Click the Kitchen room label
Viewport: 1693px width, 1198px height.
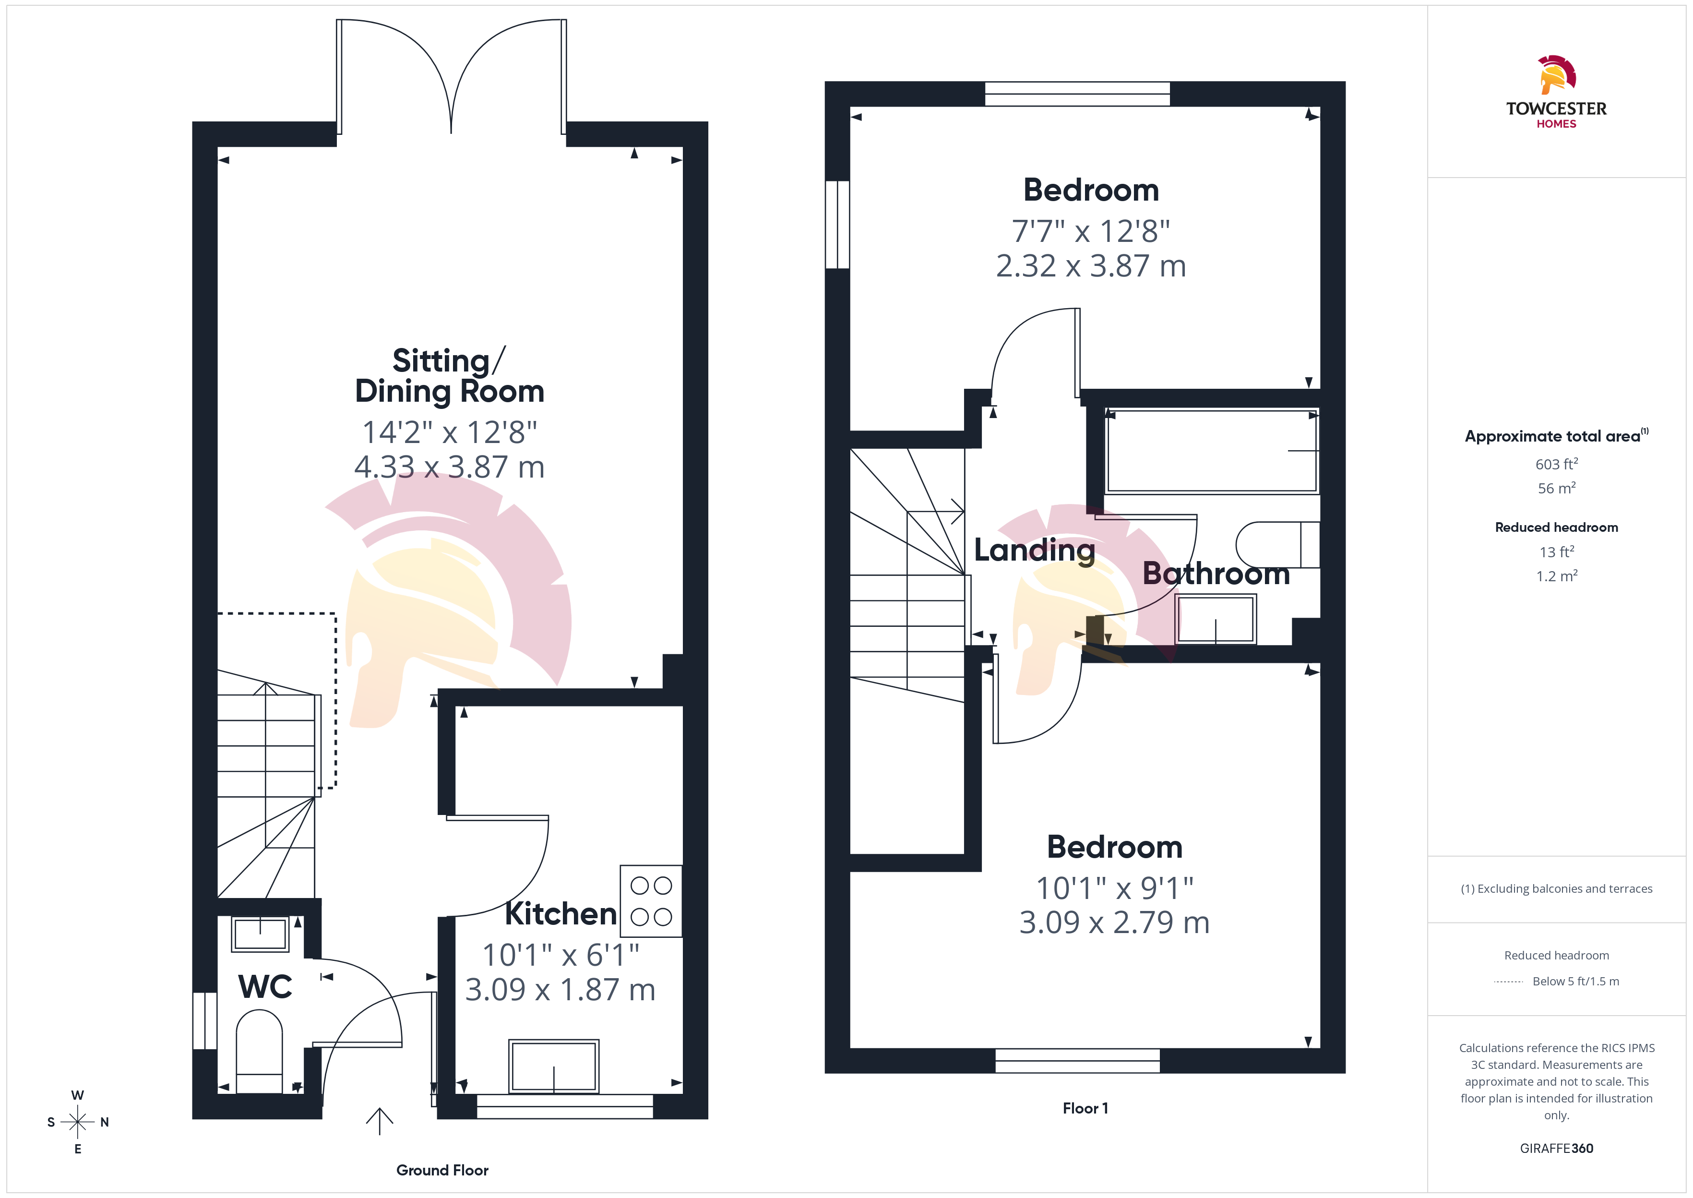(560, 913)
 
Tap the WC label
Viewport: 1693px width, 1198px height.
(265, 986)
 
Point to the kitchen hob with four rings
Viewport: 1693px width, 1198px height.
(651, 901)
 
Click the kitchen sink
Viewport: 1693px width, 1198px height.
(554, 1066)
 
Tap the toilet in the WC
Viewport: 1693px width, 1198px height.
(259, 1051)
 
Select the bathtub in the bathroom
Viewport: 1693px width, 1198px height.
(1212, 451)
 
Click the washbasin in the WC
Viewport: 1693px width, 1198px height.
(260, 934)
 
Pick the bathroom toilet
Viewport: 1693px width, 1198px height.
(1277, 544)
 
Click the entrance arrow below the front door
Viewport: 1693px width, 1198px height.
(379, 1121)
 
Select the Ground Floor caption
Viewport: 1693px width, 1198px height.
(442, 1170)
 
